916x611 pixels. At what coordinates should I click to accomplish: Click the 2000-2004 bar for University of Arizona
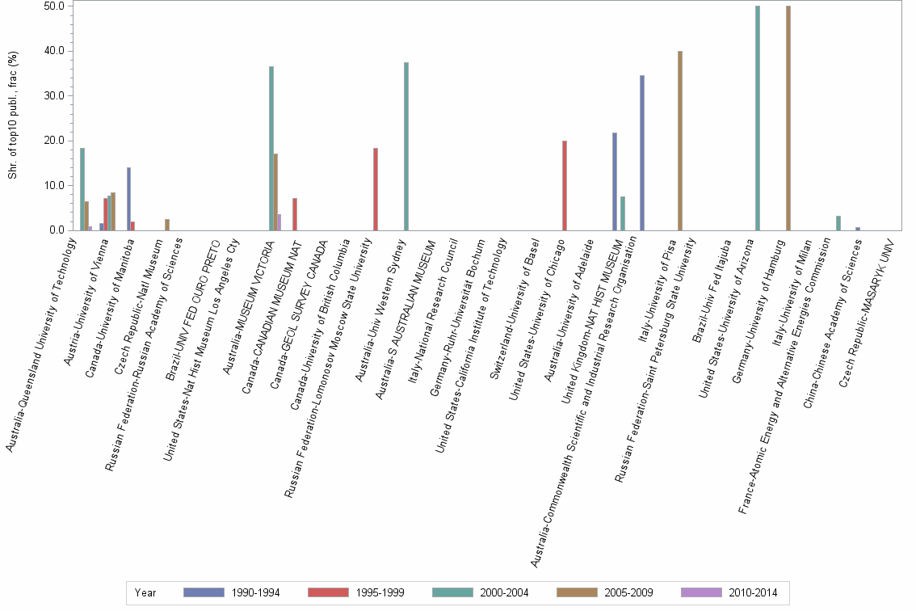coord(758,118)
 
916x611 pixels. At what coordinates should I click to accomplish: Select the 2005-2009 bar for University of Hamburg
coord(788,118)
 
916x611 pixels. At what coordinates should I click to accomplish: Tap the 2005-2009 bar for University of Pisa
coord(680,141)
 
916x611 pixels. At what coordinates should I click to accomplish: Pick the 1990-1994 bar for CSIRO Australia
coord(642,153)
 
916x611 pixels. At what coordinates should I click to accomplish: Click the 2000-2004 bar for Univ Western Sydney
coord(405,146)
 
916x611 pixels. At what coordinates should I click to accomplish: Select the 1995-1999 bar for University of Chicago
coord(565,186)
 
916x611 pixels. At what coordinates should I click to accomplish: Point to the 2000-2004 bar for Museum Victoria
coord(271,149)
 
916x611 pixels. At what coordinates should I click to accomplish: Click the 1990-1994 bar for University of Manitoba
coord(128,199)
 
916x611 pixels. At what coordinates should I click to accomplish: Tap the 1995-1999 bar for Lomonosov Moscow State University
coord(376,189)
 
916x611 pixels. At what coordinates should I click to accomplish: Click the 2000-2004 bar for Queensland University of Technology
coord(82,189)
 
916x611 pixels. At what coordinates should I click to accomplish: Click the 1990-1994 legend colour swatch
coord(204,593)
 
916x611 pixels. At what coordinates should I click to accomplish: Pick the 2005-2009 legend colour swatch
coord(578,593)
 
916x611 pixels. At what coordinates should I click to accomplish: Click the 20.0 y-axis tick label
coord(55,141)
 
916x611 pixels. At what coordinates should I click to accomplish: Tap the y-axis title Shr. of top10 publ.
coord(13,118)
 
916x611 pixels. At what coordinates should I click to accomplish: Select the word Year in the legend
coord(146,593)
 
